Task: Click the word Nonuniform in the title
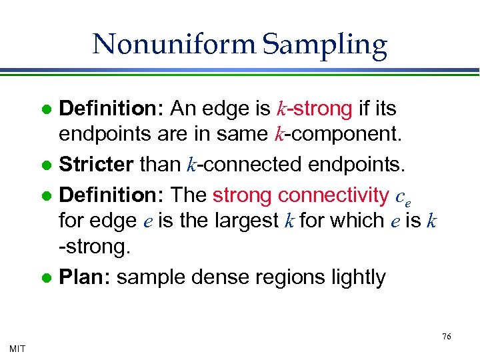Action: pyautogui.click(x=174, y=45)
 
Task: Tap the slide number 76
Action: pyautogui.click(x=447, y=337)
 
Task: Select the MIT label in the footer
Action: pyautogui.click(x=18, y=348)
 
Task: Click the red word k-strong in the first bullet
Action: pyautogui.click(x=313, y=107)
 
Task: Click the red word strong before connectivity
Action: pyautogui.click(x=242, y=195)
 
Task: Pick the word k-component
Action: pyautogui.click(x=338, y=135)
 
